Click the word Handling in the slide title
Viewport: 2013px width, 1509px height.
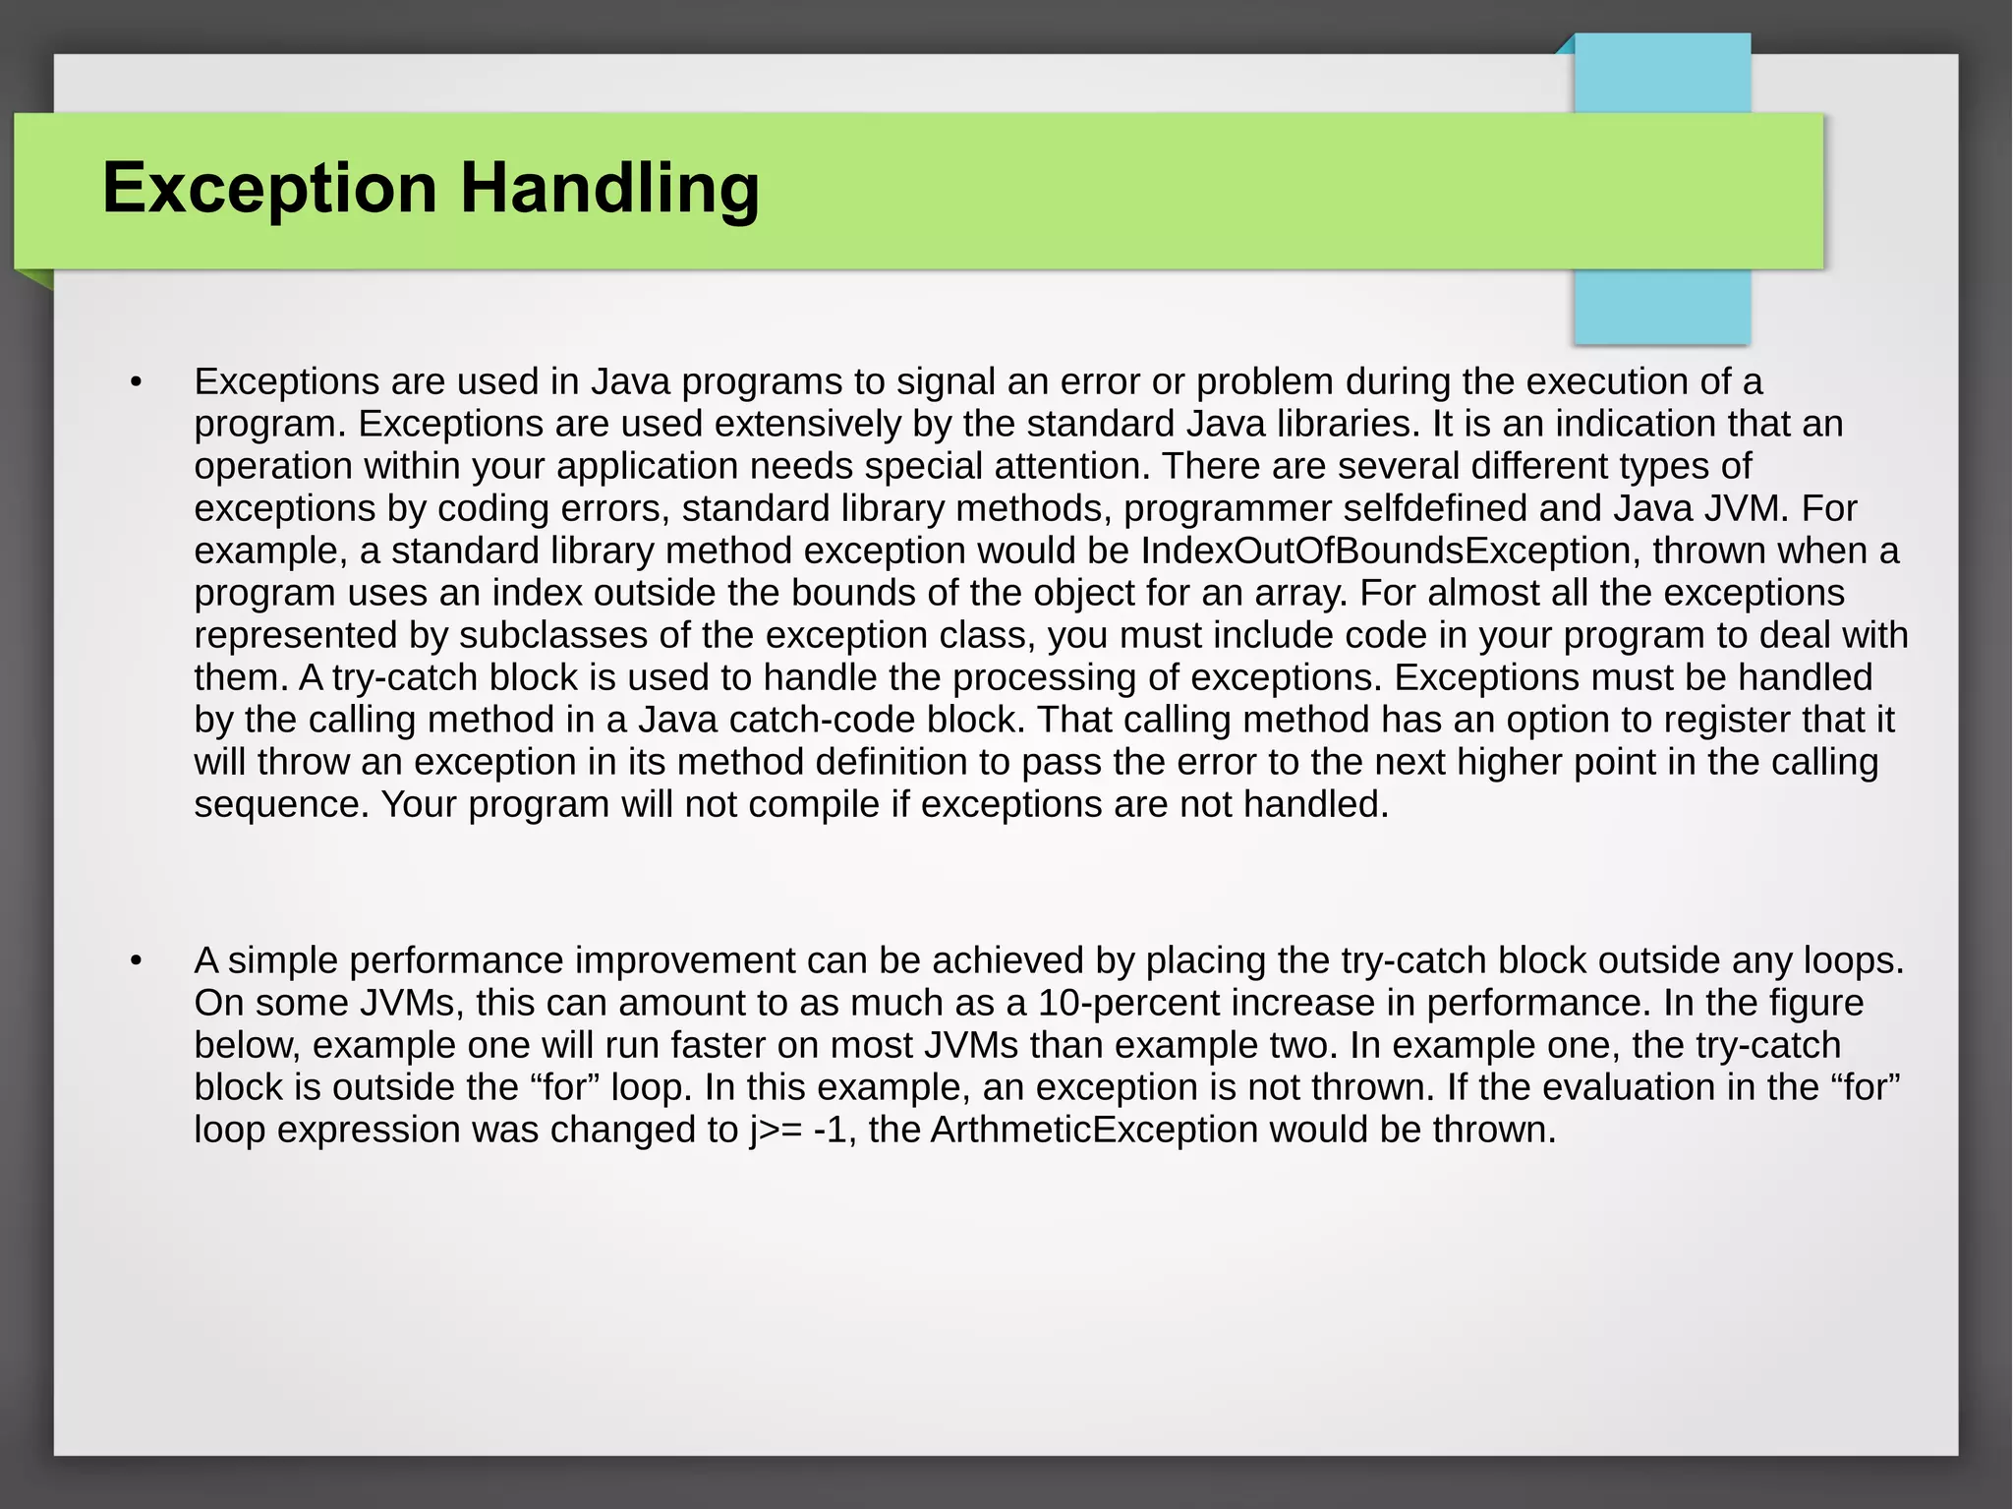(609, 189)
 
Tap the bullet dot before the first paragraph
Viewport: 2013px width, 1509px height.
(137, 382)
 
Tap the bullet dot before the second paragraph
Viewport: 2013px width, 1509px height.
(137, 961)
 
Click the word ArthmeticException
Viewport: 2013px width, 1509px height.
(1093, 1130)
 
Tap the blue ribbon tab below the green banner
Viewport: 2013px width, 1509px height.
(1661, 306)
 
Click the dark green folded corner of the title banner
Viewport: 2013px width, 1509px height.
(35, 279)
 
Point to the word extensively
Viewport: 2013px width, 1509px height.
(807, 424)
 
